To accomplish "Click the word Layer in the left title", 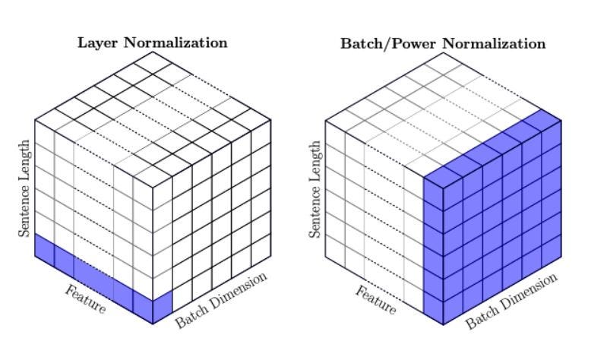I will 96,43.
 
